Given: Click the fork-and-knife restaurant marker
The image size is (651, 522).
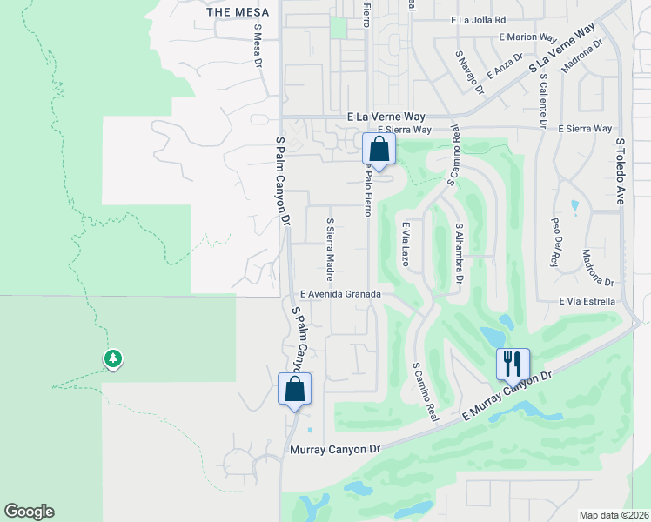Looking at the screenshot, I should click(x=513, y=363).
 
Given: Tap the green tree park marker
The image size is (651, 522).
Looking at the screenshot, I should click(x=112, y=358).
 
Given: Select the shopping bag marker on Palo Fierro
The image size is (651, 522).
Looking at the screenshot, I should click(x=379, y=148).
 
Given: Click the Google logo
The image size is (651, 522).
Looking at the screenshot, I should click(x=29, y=512).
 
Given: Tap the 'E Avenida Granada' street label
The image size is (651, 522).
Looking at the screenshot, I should click(x=340, y=295).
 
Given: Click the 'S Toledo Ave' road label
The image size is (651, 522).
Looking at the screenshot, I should click(x=621, y=171).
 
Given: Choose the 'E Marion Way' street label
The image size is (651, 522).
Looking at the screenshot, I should click(x=527, y=37).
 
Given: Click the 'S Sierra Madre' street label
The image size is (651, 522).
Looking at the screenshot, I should click(x=330, y=250).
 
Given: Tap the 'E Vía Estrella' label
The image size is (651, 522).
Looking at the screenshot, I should click(x=587, y=302).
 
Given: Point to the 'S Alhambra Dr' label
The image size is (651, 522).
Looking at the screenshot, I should click(x=459, y=252).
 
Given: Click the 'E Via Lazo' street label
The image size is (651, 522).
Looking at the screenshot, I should click(x=405, y=244).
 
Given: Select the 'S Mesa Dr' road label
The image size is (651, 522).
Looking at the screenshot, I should click(x=258, y=46).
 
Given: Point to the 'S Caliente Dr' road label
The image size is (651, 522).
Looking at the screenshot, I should click(x=542, y=101).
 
